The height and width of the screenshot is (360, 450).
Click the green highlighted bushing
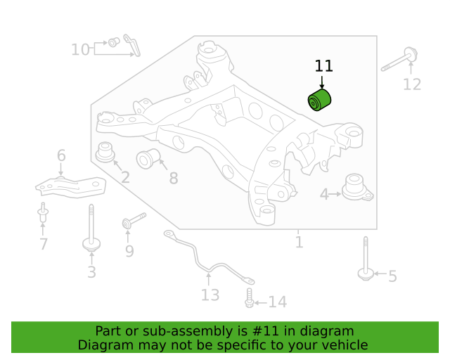pos(319,100)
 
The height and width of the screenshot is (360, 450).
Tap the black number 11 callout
pos(323,66)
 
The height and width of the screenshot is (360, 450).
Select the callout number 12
pos(412,84)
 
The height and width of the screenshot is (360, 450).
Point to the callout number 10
pos(80,50)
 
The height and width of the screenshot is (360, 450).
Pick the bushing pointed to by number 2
pos(105,152)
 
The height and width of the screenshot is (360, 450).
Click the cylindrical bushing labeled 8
pos(148,158)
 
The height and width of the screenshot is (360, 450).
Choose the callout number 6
pos(61,155)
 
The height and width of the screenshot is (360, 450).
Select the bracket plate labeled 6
pos(70,188)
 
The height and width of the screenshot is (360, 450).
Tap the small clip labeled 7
pos(43,212)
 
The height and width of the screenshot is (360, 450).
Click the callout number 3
pos(91,272)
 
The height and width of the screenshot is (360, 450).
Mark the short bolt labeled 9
pos(134,221)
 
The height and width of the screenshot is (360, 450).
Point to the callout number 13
pos(210,295)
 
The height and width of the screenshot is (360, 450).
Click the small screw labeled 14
pos(249,298)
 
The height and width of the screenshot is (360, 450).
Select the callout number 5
pos(392,276)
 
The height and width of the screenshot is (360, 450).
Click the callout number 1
pos(299,243)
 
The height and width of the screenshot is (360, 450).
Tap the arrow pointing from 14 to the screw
pos(261,302)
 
